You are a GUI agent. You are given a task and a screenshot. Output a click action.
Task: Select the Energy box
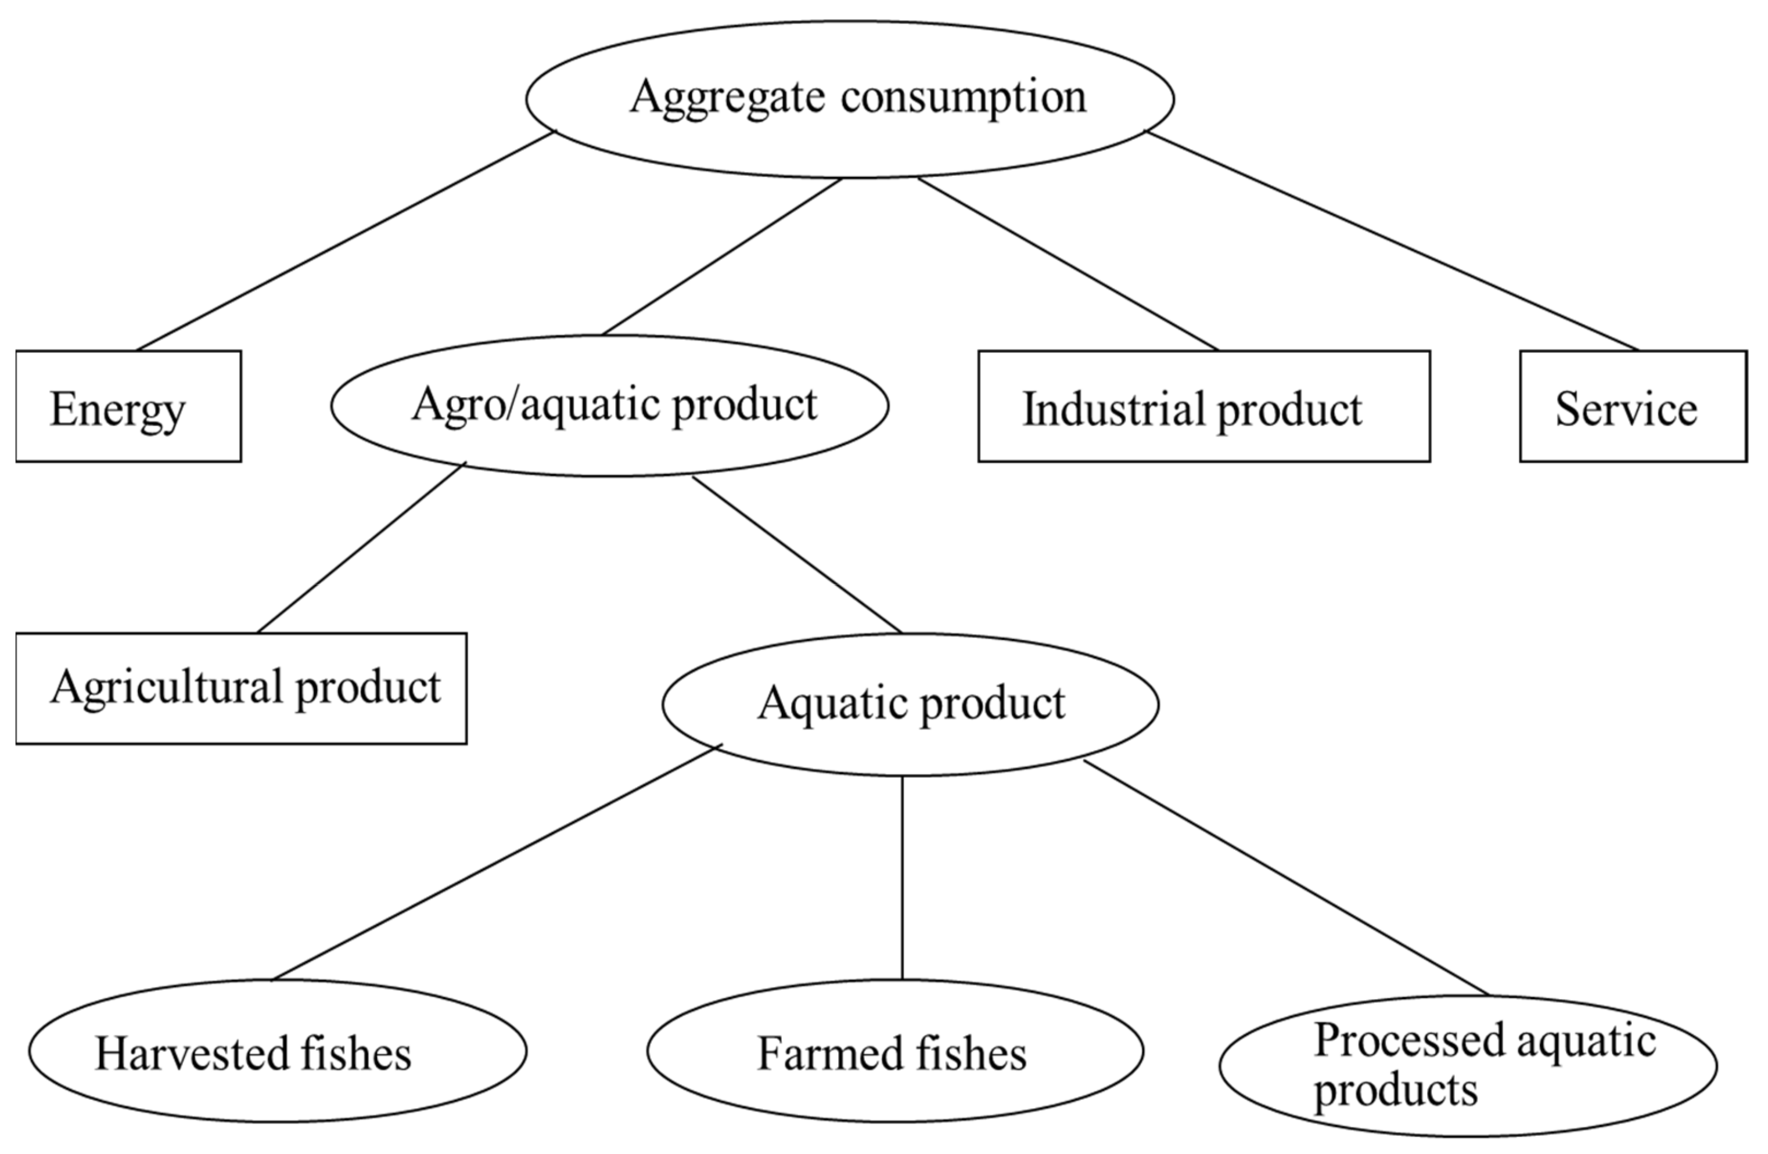(x=128, y=406)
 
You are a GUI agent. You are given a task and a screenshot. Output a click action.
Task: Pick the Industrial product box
(x=1203, y=406)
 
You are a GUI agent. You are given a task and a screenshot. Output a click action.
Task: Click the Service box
(x=1633, y=406)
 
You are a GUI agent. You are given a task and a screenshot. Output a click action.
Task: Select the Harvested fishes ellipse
(x=277, y=1051)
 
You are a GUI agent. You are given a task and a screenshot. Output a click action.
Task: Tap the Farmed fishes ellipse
(x=894, y=1051)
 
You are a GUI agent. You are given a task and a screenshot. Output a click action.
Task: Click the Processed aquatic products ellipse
(x=1467, y=1066)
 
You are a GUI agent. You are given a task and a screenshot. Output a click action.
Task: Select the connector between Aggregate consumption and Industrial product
(x=1068, y=264)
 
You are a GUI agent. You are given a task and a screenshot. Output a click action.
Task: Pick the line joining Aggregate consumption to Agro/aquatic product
(x=722, y=256)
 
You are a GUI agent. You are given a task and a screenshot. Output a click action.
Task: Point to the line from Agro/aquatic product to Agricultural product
(x=361, y=548)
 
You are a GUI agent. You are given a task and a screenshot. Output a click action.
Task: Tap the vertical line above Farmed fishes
(x=902, y=877)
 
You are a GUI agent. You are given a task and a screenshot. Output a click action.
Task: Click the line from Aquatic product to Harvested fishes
(x=496, y=863)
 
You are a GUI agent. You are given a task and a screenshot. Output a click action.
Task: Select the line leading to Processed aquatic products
(x=1286, y=878)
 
